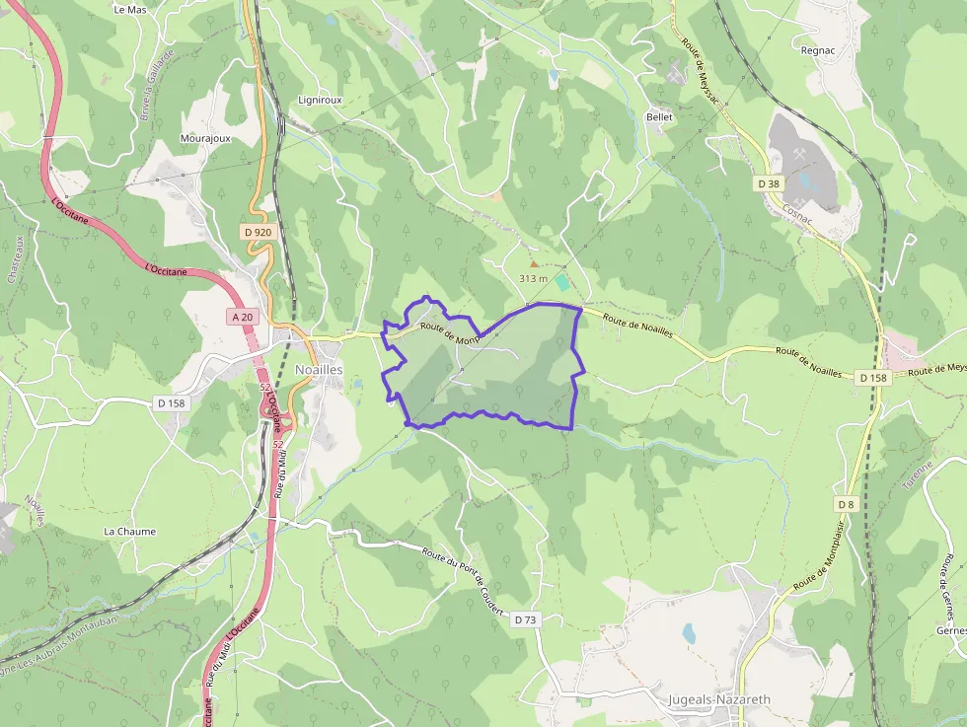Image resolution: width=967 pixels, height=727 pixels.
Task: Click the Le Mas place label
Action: pyautogui.click(x=130, y=10)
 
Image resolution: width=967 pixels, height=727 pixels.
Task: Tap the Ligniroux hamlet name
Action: pyautogui.click(x=320, y=101)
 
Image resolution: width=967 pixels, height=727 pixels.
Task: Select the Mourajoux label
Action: pyautogui.click(x=205, y=139)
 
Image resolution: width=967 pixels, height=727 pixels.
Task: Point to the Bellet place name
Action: pyautogui.click(x=659, y=117)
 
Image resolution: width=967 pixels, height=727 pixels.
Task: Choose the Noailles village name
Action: pyautogui.click(x=319, y=369)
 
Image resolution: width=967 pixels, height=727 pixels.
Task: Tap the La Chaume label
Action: pyautogui.click(x=130, y=532)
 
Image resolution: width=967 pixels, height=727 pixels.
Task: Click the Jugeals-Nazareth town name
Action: pyautogui.click(x=718, y=699)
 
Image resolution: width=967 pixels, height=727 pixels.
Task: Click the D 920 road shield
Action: pyautogui.click(x=257, y=233)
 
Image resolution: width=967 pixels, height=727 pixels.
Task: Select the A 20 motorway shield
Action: pyautogui.click(x=240, y=317)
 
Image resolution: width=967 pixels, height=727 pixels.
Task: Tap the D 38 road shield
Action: pyautogui.click(x=769, y=183)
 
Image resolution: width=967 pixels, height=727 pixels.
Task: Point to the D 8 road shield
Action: pyautogui.click(x=846, y=504)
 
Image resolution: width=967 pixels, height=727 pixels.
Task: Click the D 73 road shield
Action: pyautogui.click(x=525, y=619)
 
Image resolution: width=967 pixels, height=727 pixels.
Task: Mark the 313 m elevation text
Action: pyautogui.click(x=533, y=279)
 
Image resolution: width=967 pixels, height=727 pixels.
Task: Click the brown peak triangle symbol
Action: pyautogui.click(x=535, y=263)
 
